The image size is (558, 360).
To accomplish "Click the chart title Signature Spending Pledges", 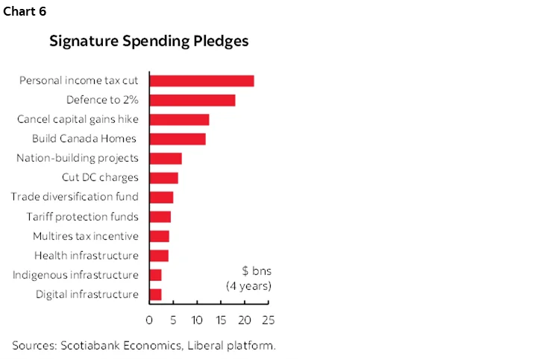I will [149, 41].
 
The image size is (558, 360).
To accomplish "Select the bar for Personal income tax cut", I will [201, 80].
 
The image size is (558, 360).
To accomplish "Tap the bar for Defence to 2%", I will [192, 100].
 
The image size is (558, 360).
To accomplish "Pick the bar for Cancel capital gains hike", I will [179, 119].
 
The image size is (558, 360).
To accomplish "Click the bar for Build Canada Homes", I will [178, 139].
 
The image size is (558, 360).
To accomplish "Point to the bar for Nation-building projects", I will [166, 158].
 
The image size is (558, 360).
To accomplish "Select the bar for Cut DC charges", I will [163, 177].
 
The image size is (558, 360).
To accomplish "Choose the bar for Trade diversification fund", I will [161, 197].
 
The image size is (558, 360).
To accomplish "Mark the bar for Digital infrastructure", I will [155, 294].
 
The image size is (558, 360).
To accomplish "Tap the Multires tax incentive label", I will [85, 236].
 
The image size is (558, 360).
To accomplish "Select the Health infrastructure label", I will [87, 256].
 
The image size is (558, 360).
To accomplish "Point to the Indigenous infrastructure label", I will [75, 275].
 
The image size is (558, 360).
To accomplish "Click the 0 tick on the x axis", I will [149, 320].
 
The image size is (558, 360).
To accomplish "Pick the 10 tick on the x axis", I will [197, 320].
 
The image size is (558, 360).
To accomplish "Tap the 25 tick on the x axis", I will [268, 320].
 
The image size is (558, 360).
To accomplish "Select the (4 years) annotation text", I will [248, 285].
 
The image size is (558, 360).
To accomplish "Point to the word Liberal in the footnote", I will [211, 345].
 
